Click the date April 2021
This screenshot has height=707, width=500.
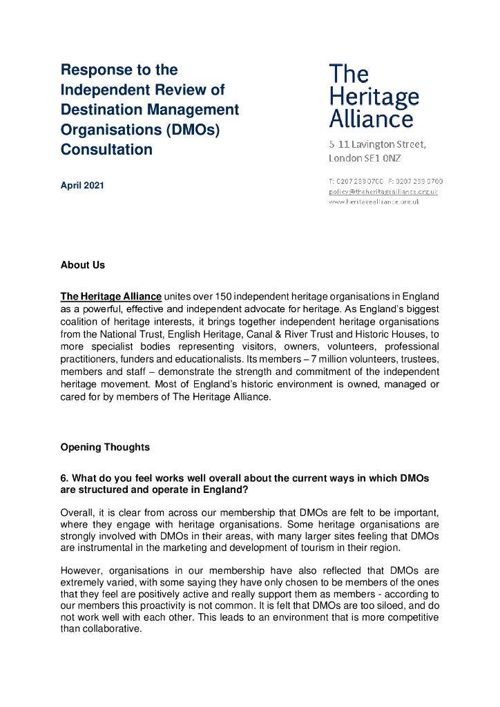pos(82,186)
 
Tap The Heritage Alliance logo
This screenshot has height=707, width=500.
pos(373,97)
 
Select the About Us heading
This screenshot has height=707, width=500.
pos(82,265)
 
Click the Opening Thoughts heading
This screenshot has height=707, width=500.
pos(105,447)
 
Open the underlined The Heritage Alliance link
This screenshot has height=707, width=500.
pos(110,297)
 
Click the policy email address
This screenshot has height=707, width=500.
pos(383,191)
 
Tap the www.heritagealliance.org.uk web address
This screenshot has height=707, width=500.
pos(373,202)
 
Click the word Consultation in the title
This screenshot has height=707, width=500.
pos(106,150)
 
